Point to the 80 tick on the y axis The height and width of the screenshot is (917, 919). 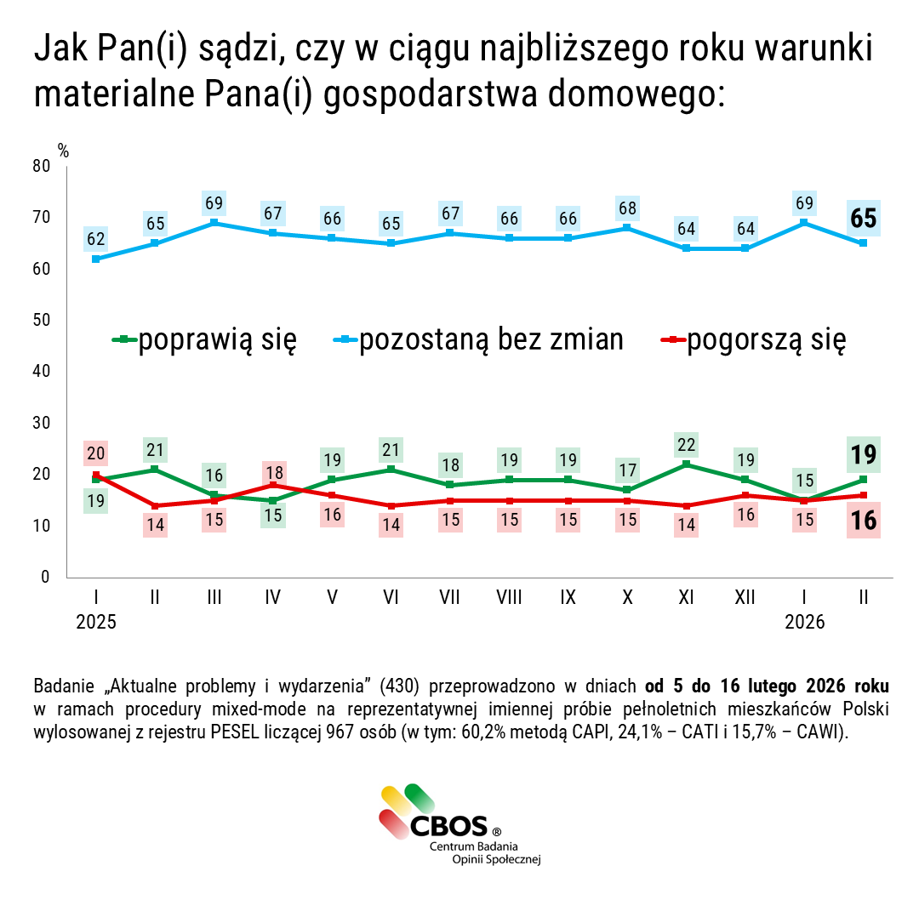(x=41, y=166)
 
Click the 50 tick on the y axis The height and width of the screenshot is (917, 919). (x=41, y=320)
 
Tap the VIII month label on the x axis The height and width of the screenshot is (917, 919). (x=509, y=598)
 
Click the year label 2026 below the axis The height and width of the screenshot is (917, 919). (x=804, y=623)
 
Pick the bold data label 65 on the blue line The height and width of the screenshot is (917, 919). (x=864, y=219)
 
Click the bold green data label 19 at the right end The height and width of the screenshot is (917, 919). (x=864, y=454)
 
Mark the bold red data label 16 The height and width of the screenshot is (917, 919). (x=864, y=520)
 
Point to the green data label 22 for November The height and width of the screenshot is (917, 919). (x=686, y=445)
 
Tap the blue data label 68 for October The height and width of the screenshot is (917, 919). (x=627, y=208)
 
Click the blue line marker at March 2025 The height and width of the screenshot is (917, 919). (x=214, y=223)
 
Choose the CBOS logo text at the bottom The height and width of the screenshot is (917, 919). (x=448, y=826)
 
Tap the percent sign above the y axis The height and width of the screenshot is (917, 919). (x=63, y=150)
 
